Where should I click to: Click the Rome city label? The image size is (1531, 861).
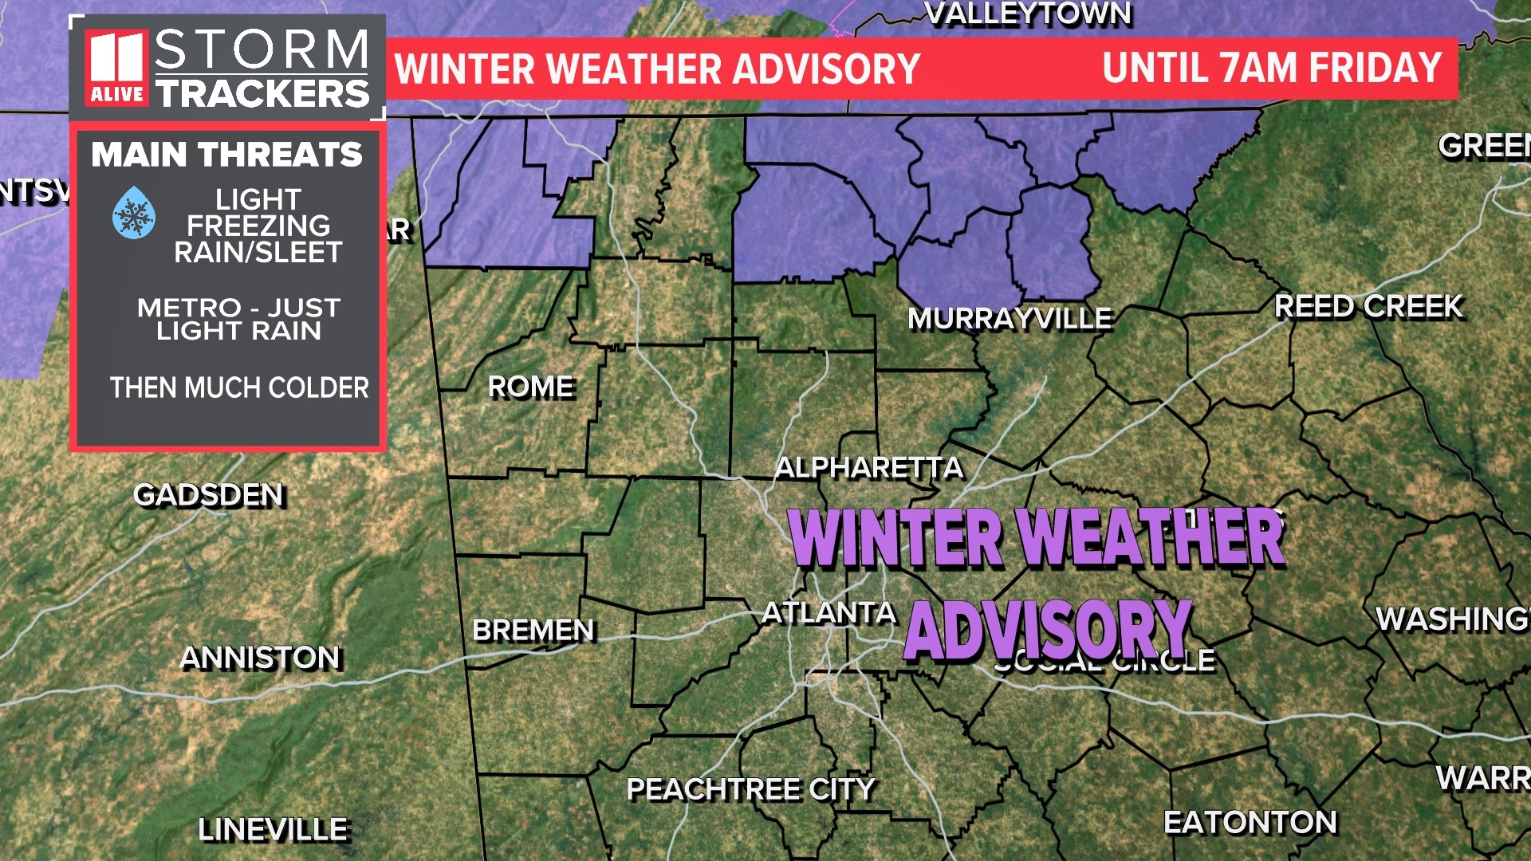tap(530, 387)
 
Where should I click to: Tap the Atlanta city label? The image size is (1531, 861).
tap(828, 612)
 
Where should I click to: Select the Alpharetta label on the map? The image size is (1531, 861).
tap(869, 467)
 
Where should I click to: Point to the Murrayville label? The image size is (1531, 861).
tap(1010, 319)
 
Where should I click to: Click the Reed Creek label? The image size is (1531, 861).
tap(1368, 306)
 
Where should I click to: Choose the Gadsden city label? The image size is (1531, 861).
tap(208, 495)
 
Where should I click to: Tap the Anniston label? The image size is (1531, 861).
tap(260, 658)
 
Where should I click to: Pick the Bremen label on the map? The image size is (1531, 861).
tap(533, 630)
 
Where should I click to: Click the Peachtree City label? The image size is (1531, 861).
tap(750, 789)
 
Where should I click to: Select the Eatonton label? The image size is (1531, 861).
tap(1250, 822)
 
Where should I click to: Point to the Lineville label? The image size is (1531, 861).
tap(273, 830)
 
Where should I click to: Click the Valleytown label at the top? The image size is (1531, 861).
tap(1028, 14)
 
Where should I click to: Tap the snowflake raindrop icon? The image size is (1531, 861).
tap(134, 214)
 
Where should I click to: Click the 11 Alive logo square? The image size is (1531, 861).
tap(117, 68)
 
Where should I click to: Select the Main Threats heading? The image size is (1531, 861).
tap(226, 155)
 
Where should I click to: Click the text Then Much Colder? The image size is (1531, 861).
tap(239, 388)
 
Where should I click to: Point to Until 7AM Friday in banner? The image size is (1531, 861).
tap(1272, 68)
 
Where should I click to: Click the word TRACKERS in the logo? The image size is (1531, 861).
tap(262, 94)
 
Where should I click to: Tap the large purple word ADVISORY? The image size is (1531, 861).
tap(1047, 631)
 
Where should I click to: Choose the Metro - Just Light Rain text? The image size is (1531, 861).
tap(238, 319)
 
